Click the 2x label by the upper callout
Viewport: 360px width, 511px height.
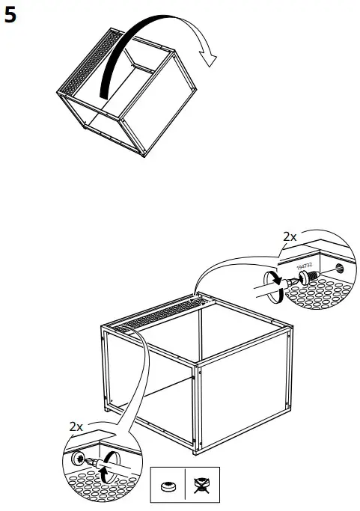[290, 236]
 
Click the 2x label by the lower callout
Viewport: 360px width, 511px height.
[76, 426]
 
